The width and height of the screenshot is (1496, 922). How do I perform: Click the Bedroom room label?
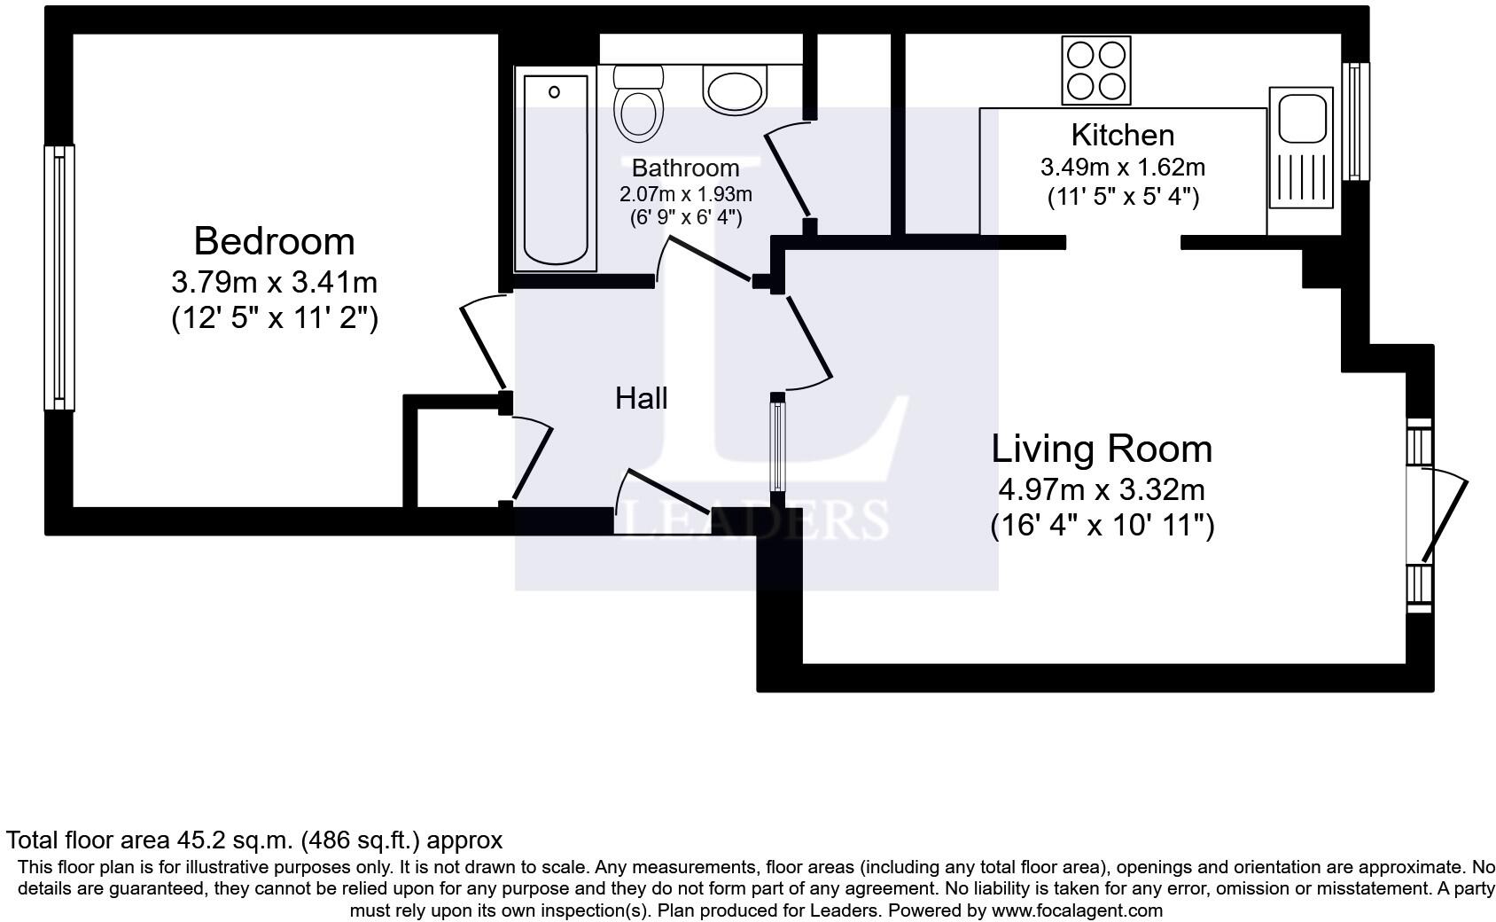pyautogui.click(x=274, y=241)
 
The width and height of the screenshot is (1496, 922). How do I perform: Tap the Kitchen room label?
pyautogui.click(x=1123, y=135)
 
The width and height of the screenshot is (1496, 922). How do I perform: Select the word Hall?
pyautogui.click(x=641, y=398)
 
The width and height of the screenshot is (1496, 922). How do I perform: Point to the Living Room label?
pyautogui.click(x=1102, y=449)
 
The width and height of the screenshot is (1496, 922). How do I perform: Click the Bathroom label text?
pyautogui.click(x=685, y=168)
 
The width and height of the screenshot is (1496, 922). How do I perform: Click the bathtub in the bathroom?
pyautogui.click(x=556, y=169)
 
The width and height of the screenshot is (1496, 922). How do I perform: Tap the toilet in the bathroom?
pyautogui.click(x=638, y=104)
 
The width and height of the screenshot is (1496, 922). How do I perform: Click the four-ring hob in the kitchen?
pyautogui.click(x=1096, y=70)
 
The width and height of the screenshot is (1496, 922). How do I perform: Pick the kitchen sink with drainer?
pyautogui.click(x=1301, y=147)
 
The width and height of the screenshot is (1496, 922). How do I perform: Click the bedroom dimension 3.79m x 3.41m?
pyautogui.click(x=275, y=283)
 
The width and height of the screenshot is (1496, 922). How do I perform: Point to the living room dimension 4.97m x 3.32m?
pyautogui.click(x=1102, y=489)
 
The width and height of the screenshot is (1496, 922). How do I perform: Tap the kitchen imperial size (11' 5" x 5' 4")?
pyautogui.click(x=1123, y=197)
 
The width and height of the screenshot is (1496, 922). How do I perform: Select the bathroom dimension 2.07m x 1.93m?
pyautogui.click(x=685, y=194)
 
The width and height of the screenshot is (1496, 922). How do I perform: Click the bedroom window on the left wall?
pyautogui.click(x=59, y=278)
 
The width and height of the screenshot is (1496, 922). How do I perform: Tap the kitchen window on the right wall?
pyautogui.click(x=1355, y=121)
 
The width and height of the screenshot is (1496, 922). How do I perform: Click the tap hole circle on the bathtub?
pyautogui.click(x=554, y=92)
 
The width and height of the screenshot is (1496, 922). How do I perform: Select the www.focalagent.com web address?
pyautogui.click(x=1077, y=910)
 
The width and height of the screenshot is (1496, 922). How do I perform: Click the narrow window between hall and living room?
pyautogui.click(x=777, y=447)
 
